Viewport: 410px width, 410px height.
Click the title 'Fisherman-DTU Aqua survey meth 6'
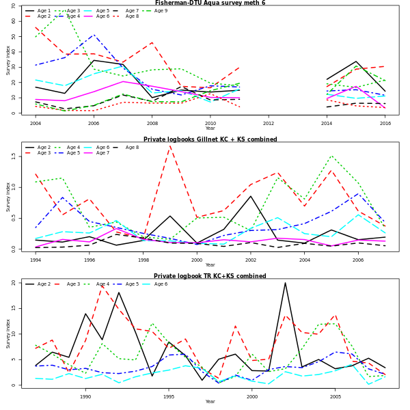pyautogui.click(x=210, y=3)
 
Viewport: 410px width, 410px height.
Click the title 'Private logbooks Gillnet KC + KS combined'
pyautogui.click(x=210, y=139)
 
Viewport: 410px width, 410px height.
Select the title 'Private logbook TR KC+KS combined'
pyautogui.click(x=210, y=276)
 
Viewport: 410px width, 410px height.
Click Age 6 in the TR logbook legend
pyautogui.click(x=161, y=284)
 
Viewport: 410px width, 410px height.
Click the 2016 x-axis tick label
pyautogui.click(x=385, y=123)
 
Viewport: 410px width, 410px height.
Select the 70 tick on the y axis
pyautogui.click(x=14, y=6)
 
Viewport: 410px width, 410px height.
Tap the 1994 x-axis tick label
pyautogui.click(x=36, y=260)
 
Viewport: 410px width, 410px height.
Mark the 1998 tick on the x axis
pyautogui.click(x=143, y=260)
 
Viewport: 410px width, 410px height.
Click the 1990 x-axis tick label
pyautogui.click(x=85, y=396)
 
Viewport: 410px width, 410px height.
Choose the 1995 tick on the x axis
pyautogui.click(x=169, y=396)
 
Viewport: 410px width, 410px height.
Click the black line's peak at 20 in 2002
pyautogui.click(x=285, y=283)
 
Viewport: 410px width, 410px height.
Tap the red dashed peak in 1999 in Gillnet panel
pyautogui.click(x=169, y=146)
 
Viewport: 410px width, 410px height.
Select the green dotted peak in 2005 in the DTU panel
pyautogui.click(x=64, y=10)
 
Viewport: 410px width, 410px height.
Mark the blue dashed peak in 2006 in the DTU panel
pyautogui.click(x=94, y=35)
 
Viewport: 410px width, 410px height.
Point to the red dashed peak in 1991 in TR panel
pyautogui.click(x=102, y=286)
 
